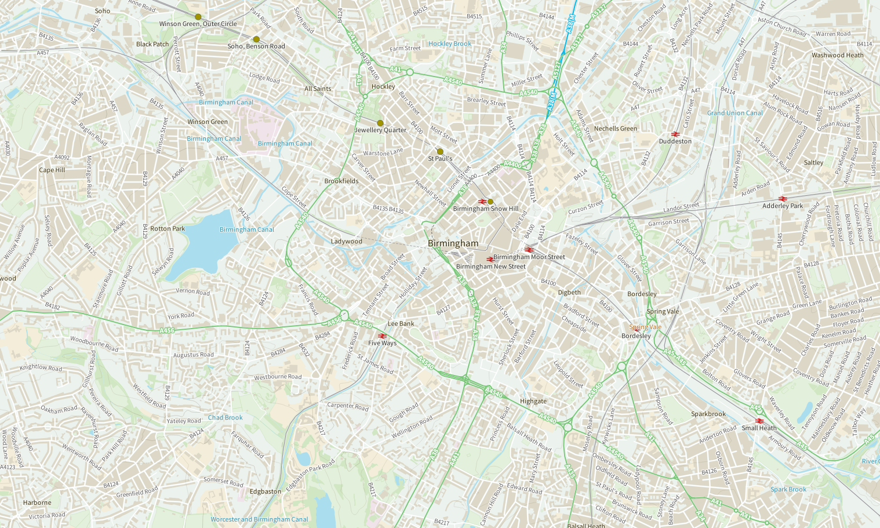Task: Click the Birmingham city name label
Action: pyautogui.click(x=453, y=243)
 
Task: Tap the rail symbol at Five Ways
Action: pyautogui.click(x=382, y=336)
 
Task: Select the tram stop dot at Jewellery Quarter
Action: pyautogui.click(x=380, y=123)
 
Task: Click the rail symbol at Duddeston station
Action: pyautogui.click(x=675, y=134)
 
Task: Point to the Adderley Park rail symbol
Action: pyautogui.click(x=783, y=199)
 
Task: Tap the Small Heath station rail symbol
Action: pyautogui.click(x=759, y=421)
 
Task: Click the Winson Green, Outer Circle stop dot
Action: pyautogui.click(x=198, y=17)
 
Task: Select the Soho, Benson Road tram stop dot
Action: pyautogui.click(x=256, y=39)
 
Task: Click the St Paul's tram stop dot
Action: pyautogui.click(x=440, y=151)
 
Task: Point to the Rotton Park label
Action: pyautogui.click(x=168, y=228)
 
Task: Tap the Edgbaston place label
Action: pyautogui.click(x=266, y=491)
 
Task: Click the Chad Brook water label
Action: pyautogui.click(x=226, y=417)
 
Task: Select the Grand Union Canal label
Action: pyautogui.click(x=734, y=113)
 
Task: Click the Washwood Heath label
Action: pyautogui.click(x=837, y=56)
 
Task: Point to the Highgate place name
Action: pyautogui.click(x=533, y=401)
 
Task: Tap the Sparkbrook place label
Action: pyautogui.click(x=708, y=414)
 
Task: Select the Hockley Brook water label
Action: pyautogui.click(x=450, y=43)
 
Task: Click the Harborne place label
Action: pyautogui.click(x=37, y=502)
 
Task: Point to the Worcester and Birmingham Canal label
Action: pyautogui.click(x=259, y=519)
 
